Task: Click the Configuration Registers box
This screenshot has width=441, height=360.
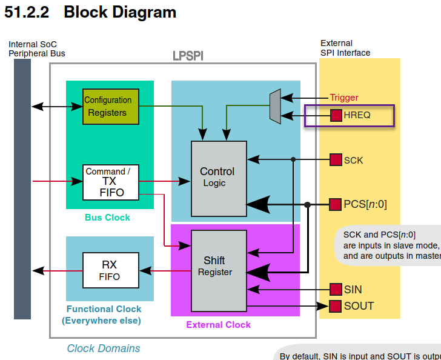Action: pos(111,107)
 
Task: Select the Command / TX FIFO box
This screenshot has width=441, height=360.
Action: pos(111,182)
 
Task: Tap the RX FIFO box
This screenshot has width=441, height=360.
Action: pos(111,270)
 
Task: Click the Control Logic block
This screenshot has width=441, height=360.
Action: pos(219,175)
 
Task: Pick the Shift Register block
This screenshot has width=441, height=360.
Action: pos(219,270)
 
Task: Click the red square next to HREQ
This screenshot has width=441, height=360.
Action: pos(336,115)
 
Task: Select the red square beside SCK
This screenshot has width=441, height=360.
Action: pos(336,160)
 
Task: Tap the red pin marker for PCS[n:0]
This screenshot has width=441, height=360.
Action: pos(336,204)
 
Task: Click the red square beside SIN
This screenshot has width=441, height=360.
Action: pos(336,290)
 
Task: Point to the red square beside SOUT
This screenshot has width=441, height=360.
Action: pos(336,305)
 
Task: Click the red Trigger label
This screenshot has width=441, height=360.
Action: pos(344,98)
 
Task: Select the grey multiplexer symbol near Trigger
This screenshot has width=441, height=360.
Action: pos(275,106)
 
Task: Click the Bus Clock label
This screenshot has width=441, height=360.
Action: pos(107,217)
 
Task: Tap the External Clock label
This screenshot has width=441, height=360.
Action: pos(218,325)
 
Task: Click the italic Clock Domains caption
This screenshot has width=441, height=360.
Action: pos(104,348)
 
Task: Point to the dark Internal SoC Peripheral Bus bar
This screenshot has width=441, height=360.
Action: pos(22,188)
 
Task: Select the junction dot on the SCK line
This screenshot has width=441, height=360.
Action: pos(293,160)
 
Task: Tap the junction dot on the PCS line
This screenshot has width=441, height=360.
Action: pos(308,205)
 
